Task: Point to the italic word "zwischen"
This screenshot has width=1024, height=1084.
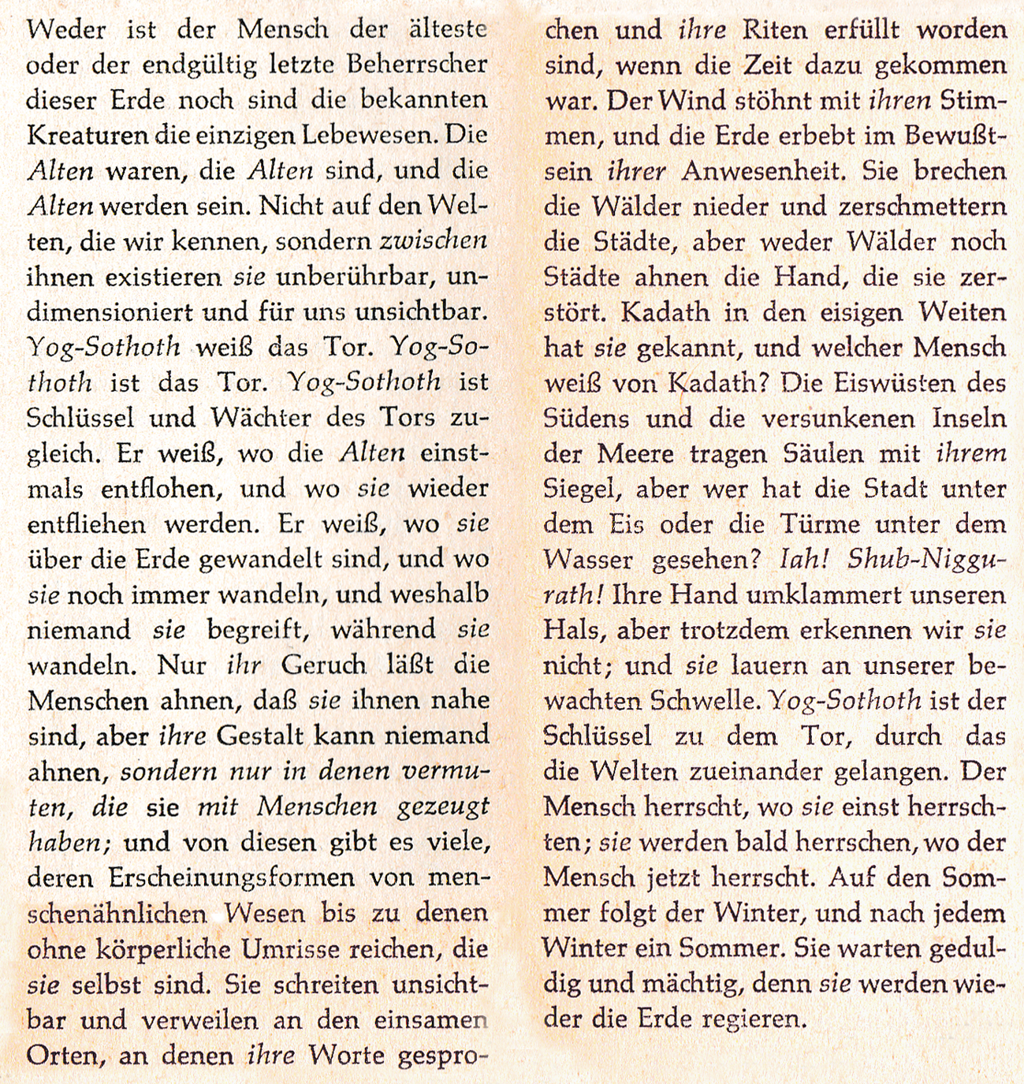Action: (434, 241)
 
